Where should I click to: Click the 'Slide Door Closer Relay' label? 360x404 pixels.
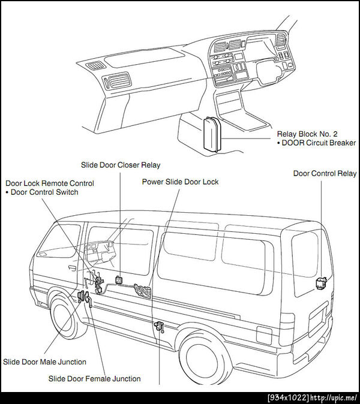click(121, 165)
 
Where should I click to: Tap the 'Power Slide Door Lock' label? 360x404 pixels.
click(180, 182)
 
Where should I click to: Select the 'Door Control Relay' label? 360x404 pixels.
click(325, 174)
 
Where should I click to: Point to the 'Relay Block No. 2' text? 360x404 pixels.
click(307, 134)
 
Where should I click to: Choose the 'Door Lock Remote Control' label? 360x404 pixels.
click(49, 183)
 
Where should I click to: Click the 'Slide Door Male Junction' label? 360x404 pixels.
click(44, 362)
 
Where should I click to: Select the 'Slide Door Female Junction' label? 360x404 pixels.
click(94, 379)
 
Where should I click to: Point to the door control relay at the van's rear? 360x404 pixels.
click(321, 281)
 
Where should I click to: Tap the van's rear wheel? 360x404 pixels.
click(205, 359)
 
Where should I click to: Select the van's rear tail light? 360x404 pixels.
click(265, 334)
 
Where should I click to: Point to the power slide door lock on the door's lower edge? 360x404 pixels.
click(160, 327)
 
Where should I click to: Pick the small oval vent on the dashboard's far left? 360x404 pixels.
click(94, 66)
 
